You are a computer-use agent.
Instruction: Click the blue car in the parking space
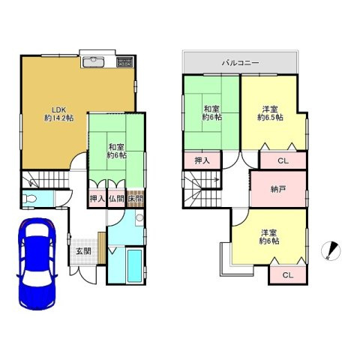(37, 264)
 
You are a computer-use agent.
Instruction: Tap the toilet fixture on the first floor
(29, 199)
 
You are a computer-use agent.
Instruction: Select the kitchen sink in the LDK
(93, 62)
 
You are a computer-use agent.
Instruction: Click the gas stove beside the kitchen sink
(125, 62)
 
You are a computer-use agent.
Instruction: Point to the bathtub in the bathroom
(134, 265)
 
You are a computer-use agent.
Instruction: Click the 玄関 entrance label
(83, 251)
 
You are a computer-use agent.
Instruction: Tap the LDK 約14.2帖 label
(59, 114)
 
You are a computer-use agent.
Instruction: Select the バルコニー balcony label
(240, 63)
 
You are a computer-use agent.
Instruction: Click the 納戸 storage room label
(278, 190)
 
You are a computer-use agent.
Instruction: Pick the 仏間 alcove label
(116, 199)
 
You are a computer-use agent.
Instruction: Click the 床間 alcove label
(136, 199)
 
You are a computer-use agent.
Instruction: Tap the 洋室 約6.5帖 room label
(270, 113)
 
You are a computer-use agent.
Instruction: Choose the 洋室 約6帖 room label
(269, 237)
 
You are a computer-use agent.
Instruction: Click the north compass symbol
(331, 250)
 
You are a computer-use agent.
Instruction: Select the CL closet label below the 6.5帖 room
(283, 160)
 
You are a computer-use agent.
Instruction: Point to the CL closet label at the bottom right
(288, 275)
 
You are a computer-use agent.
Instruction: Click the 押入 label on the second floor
(202, 160)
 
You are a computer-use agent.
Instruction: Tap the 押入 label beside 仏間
(97, 199)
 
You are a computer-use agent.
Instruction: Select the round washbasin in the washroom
(139, 217)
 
